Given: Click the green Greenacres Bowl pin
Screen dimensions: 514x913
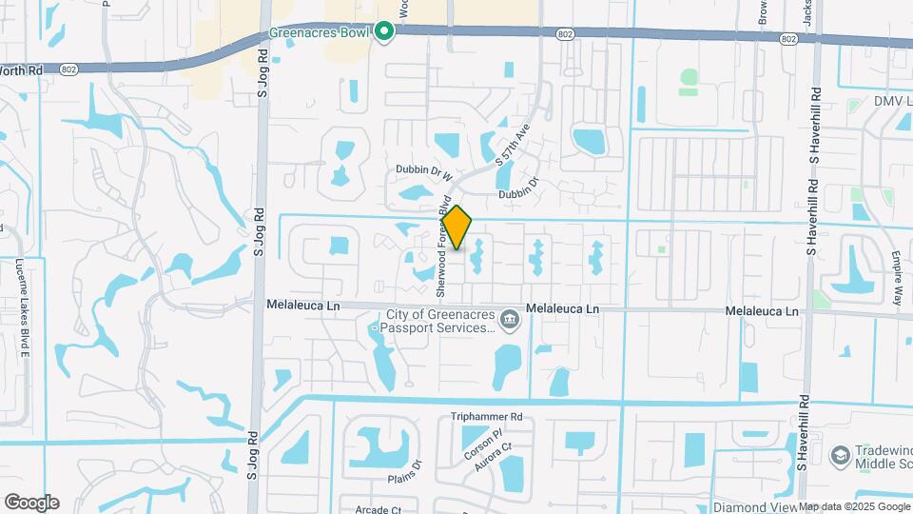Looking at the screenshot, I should (384, 33).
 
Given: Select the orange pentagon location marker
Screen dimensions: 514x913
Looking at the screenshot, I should (457, 228).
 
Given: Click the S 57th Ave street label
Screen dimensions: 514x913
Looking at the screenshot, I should (511, 146).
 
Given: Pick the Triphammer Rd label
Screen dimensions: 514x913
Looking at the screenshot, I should (487, 417).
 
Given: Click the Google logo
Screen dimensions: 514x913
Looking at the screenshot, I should (30, 503).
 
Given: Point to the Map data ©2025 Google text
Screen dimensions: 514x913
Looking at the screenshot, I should (854, 506).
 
